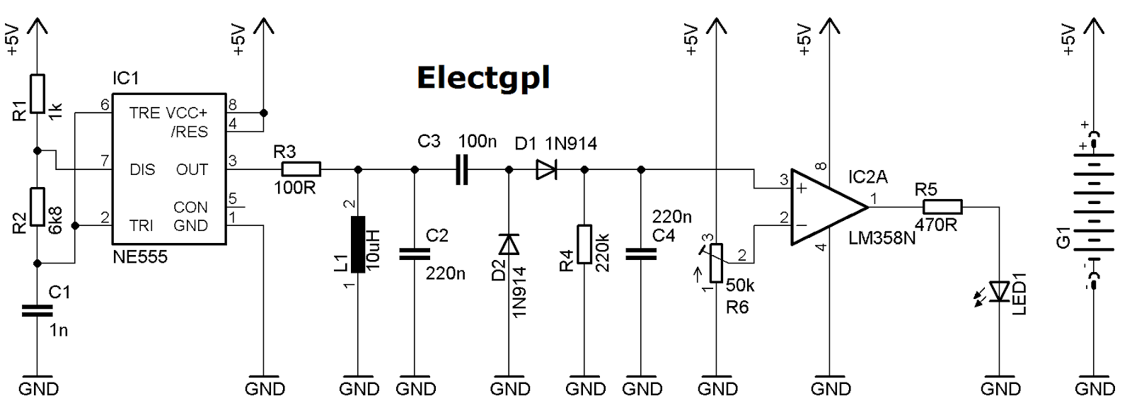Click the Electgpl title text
click(483, 78)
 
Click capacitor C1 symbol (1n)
click(37, 310)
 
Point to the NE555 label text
click(140, 257)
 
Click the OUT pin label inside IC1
click(192, 170)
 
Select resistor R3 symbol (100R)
click(301, 169)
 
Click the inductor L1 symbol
click(358, 244)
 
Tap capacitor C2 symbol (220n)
click(415, 254)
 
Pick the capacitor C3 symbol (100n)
click(462, 170)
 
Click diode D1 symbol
click(546, 170)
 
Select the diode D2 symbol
click(509, 244)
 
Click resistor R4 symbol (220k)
click(584, 244)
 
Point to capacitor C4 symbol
click(641, 254)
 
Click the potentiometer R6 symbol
click(717, 263)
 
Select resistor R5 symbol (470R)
click(942, 207)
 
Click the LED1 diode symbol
click(999, 291)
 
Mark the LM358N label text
click(882, 239)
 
